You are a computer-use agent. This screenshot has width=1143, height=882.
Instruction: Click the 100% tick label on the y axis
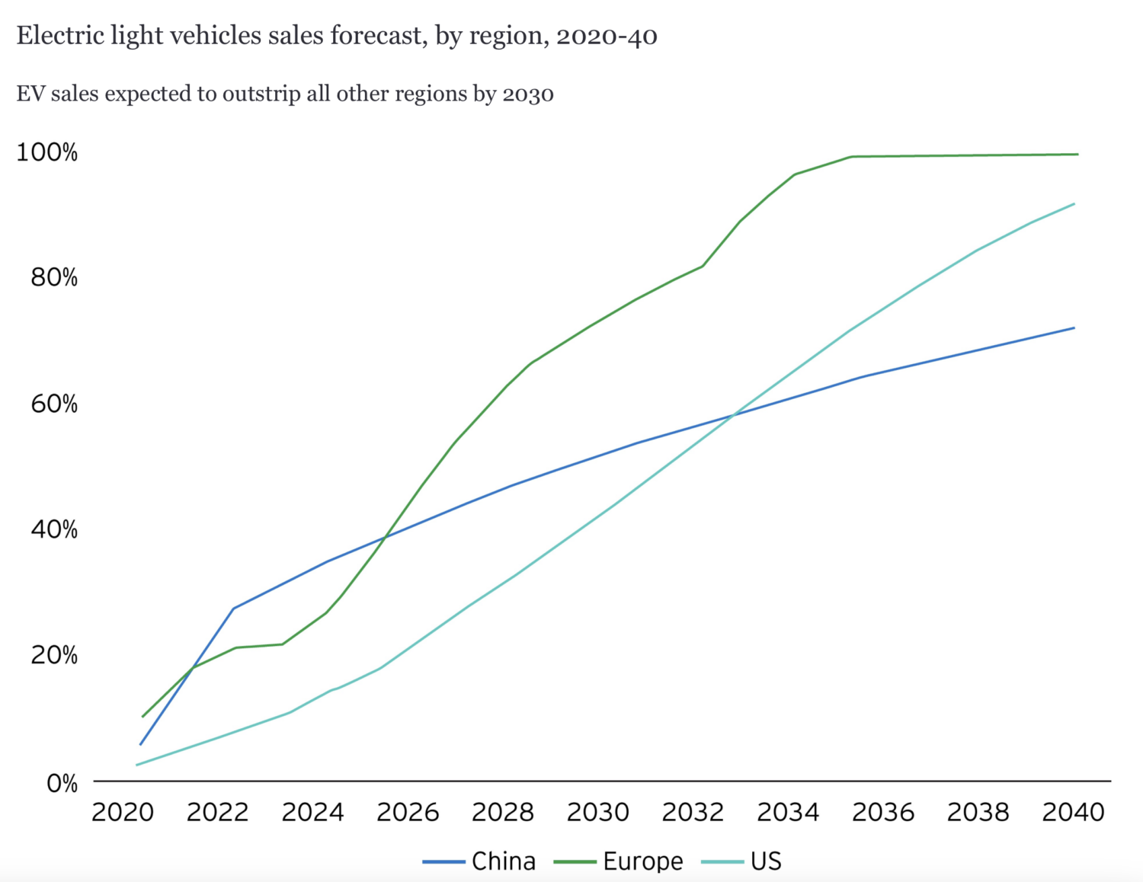click(46, 152)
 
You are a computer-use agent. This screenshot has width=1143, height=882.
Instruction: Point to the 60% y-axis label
click(54, 404)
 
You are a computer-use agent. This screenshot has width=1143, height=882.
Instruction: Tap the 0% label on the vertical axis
click(62, 783)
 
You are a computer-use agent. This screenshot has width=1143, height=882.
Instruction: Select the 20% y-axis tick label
click(54, 655)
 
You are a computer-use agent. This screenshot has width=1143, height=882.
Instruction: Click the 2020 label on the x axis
click(123, 812)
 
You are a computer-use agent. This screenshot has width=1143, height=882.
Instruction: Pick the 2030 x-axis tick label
click(598, 812)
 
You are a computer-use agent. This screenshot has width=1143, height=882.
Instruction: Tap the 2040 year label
click(1073, 812)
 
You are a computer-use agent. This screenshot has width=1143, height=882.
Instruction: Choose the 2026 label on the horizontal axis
click(408, 812)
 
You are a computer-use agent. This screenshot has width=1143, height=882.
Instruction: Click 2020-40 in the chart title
click(607, 37)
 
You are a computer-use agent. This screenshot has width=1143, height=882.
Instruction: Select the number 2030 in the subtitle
click(527, 94)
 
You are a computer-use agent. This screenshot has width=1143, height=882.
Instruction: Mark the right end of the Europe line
click(1077, 154)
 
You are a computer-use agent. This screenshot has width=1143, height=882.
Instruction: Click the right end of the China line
click(1074, 328)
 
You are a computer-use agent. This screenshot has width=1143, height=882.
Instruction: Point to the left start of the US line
click(136, 765)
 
